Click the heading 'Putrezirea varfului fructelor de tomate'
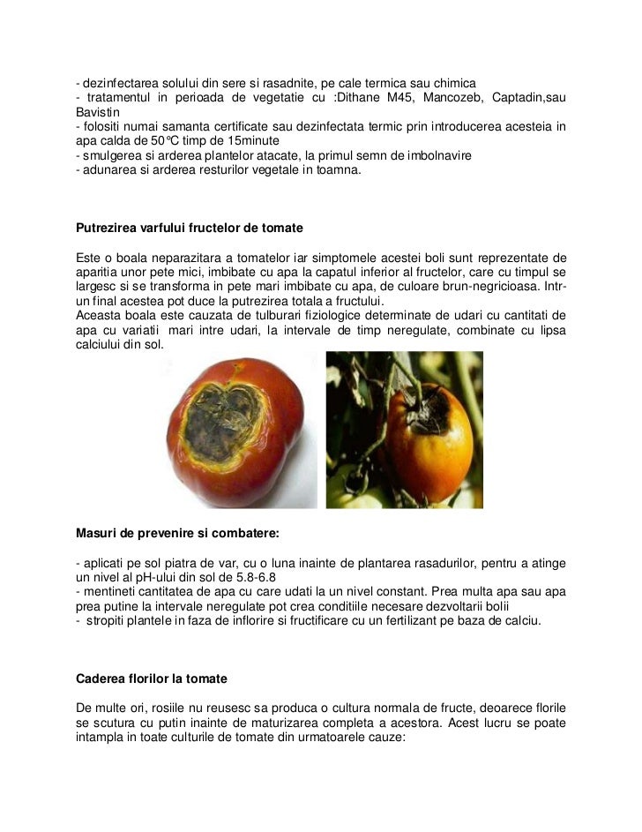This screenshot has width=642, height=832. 190,229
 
